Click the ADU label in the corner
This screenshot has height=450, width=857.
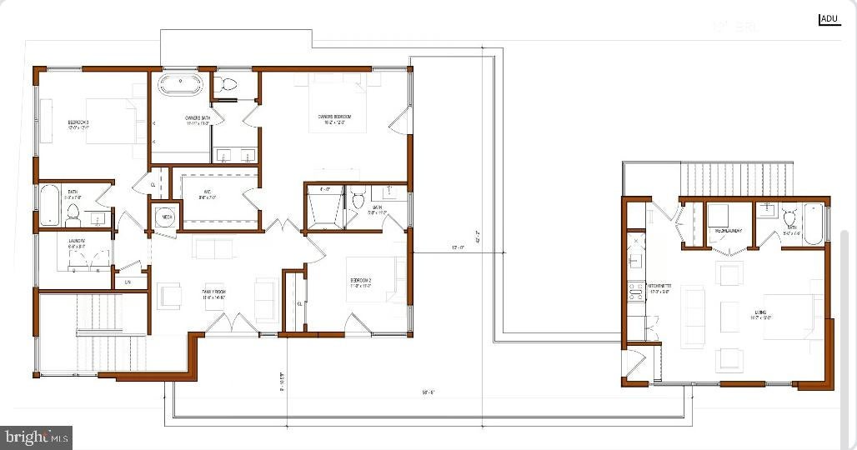tap(829, 18)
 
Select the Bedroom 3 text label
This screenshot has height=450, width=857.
tap(78, 125)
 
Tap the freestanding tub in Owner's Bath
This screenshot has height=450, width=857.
tap(179, 84)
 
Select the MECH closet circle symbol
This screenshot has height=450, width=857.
tap(165, 216)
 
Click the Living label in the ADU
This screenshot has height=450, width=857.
tap(760, 315)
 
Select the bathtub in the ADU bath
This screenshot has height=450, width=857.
tap(813, 222)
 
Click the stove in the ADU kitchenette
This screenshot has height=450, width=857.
tap(634, 292)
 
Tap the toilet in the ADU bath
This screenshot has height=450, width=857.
tap(788, 217)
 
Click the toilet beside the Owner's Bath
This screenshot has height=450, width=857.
tap(226, 85)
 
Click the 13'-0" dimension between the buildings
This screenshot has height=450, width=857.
tap(457, 247)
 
